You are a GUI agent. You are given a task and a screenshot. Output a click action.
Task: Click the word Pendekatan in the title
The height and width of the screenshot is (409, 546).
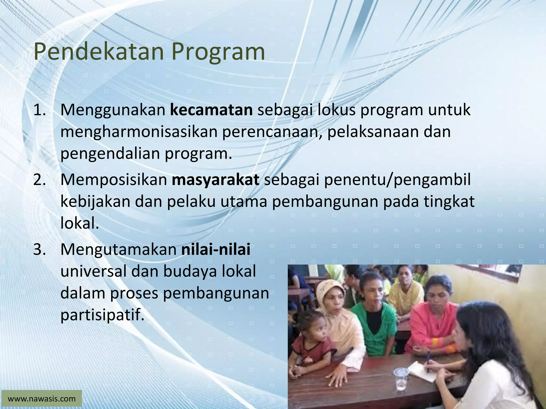[x=99, y=52]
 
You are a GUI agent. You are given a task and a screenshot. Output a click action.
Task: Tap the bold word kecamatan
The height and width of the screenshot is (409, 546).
[x=211, y=110]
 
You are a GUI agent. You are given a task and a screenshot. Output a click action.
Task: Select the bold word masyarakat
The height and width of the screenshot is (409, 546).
[x=215, y=180]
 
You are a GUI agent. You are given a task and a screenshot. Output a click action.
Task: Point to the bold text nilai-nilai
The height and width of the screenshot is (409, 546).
[x=216, y=250]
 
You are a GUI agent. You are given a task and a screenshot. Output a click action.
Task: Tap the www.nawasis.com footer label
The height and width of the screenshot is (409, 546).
[x=42, y=399]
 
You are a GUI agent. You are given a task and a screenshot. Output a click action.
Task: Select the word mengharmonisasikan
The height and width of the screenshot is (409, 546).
[x=139, y=132]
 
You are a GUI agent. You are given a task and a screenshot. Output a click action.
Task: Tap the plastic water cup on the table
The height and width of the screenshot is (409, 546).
[x=401, y=378]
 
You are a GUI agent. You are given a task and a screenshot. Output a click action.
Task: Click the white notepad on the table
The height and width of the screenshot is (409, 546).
[x=419, y=370]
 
